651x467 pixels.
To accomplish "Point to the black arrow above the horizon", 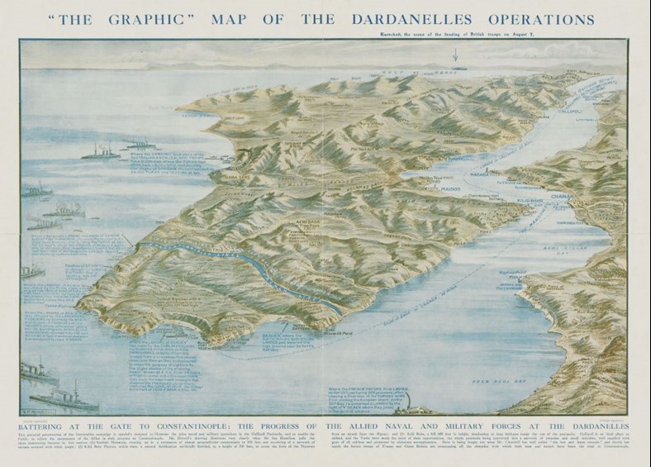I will click(x=454, y=55).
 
